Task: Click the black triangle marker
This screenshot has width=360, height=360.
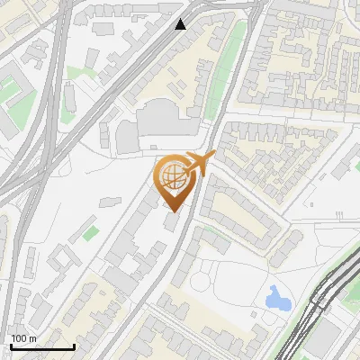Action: click(181, 24)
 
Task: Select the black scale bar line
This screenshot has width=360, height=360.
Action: click(41, 346)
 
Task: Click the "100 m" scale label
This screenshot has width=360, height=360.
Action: click(23, 338)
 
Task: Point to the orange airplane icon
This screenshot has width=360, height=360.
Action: click(197, 165)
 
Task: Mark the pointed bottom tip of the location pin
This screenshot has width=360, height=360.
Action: click(173, 212)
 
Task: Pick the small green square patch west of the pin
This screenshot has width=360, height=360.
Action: click(91, 233)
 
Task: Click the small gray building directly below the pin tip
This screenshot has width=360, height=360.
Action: click(171, 222)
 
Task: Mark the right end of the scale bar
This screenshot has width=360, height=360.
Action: click(74, 346)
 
